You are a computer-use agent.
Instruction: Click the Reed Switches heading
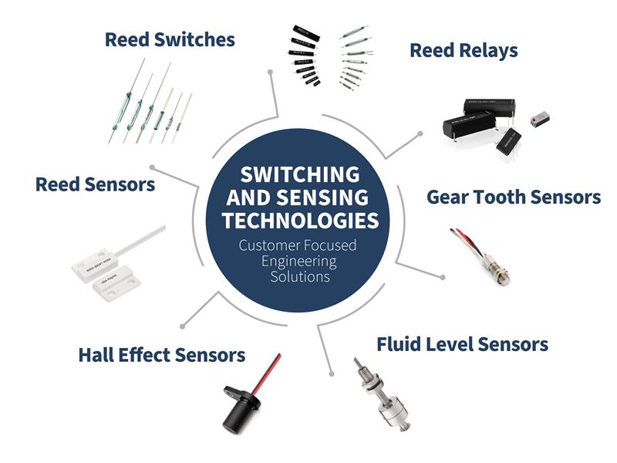click(170, 39)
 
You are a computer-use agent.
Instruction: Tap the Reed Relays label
click(464, 51)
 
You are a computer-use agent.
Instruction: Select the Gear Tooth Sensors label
click(514, 197)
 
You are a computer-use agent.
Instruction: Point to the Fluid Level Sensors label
click(462, 343)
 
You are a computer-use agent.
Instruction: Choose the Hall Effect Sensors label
click(162, 355)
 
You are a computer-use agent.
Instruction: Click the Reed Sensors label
click(96, 184)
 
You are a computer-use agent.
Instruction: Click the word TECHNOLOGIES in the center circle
click(301, 221)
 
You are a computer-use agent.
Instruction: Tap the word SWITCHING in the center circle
click(301, 173)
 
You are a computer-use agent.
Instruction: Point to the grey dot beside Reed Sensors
click(153, 166)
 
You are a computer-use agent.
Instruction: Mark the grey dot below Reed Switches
click(270, 72)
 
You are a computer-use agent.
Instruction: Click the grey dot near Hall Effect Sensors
click(182, 325)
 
